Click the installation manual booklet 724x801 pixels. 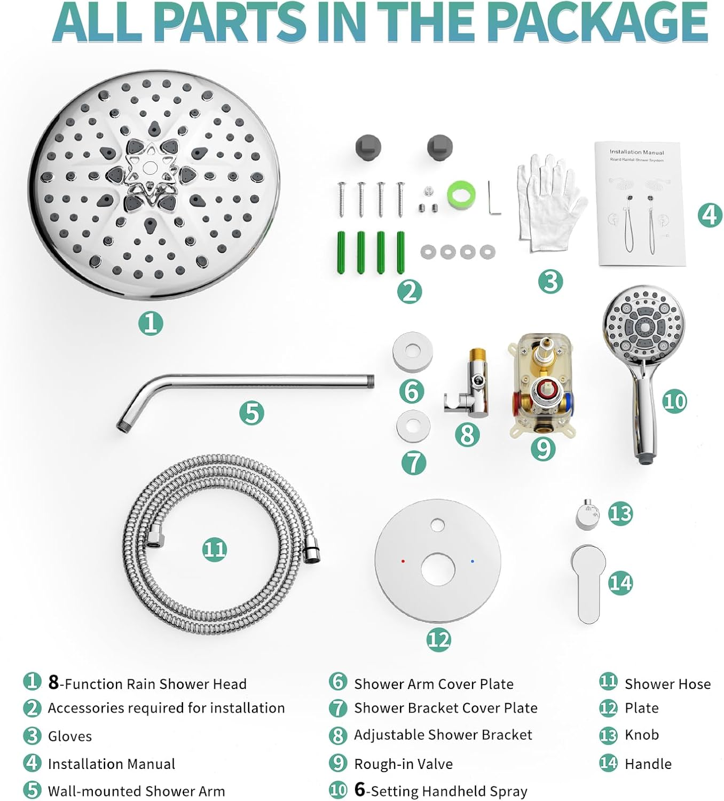(640, 203)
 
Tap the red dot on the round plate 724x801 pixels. (403, 562)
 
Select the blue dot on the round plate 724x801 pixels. (473, 561)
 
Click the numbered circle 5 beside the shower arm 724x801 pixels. (251, 413)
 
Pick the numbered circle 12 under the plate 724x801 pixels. (438, 639)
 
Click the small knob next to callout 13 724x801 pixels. (587, 514)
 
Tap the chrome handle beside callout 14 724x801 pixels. (587, 582)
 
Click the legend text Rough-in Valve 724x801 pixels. (403, 764)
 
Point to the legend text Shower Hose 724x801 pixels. (667, 684)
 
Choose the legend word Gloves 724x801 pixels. (70, 736)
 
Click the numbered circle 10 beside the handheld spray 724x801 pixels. (674, 401)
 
